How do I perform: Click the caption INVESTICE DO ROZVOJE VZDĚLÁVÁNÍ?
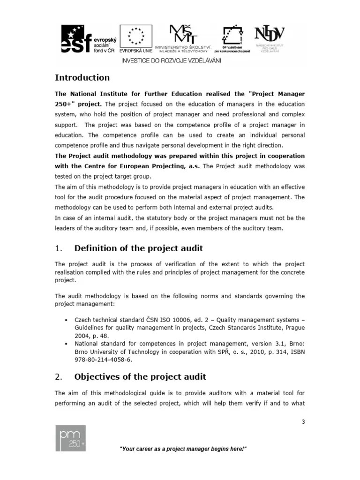click(172, 60)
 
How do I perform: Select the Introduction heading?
click(82, 78)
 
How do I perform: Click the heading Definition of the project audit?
click(139, 248)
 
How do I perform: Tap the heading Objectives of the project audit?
click(140, 377)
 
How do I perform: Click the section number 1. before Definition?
click(59, 248)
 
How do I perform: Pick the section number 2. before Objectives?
click(59, 377)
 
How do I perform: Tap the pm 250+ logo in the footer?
click(70, 438)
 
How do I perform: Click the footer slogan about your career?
click(183, 449)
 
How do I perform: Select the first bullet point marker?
click(65, 320)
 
